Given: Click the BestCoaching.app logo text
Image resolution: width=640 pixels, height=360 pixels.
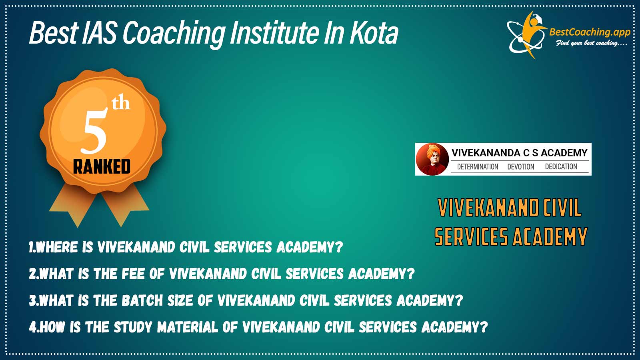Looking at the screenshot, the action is tap(590, 32).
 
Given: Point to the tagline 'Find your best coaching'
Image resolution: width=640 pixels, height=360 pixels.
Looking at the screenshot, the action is tap(591, 44).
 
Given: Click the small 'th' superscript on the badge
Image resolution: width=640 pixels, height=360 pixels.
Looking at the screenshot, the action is tap(121, 103).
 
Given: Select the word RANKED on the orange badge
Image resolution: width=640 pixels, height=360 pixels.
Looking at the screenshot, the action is tap(102, 167).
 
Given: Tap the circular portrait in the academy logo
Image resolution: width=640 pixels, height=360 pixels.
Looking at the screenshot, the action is tap(432, 159).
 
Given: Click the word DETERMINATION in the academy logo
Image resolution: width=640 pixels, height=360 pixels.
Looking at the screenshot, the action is tap(478, 166).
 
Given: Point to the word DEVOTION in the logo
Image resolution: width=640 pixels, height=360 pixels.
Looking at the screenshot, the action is tap(520, 166).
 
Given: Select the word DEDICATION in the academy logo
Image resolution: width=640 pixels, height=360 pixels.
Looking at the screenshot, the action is tap(561, 166).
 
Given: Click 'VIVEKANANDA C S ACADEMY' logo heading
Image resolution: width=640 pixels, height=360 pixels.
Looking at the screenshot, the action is tap(519, 153).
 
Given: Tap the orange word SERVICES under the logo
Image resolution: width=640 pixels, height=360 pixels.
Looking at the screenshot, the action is tap(471, 236).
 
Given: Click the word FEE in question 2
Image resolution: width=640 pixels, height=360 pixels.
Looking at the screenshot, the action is tap(133, 274).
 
